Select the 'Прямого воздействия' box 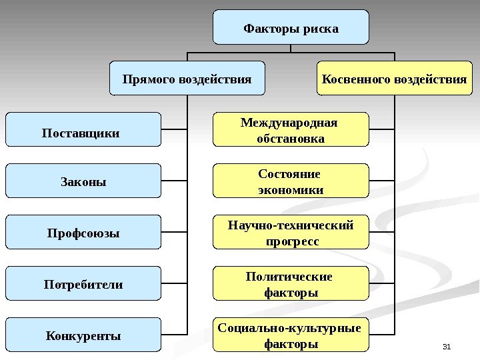coord(187,79)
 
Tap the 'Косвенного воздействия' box coord(394,79)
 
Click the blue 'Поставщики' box coord(83,129)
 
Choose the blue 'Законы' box coord(83,181)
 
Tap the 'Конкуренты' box coord(83,335)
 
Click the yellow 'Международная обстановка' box coord(291,130)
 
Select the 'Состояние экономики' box coord(291,181)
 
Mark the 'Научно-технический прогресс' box coord(291,232)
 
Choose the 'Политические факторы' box coord(291,283)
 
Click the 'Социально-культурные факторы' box coord(291,335)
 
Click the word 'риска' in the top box coord(321,29)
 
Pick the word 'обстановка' coord(291,139)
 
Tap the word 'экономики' coord(291,190)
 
